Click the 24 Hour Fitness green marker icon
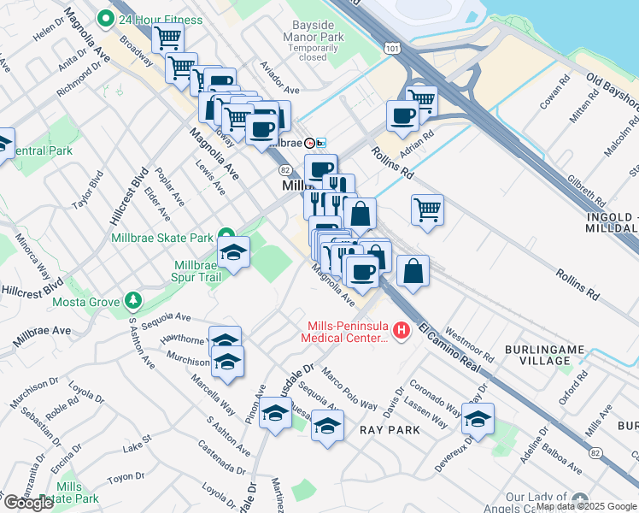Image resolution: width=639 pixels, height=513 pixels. (x=107, y=18)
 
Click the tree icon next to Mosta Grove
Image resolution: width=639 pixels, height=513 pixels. (x=132, y=301)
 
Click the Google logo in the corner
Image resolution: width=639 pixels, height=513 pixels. (x=28, y=503)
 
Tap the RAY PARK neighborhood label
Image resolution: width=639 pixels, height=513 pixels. (x=390, y=429)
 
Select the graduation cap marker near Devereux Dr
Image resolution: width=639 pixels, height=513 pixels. (x=478, y=419)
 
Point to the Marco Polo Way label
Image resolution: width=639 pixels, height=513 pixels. (x=349, y=388)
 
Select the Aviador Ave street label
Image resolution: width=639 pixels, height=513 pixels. (x=280, y=90)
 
